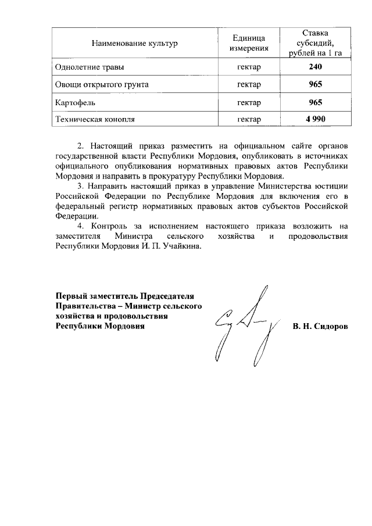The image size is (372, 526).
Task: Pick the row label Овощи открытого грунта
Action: tap(101, 85)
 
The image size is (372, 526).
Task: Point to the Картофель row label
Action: tap(75, 102)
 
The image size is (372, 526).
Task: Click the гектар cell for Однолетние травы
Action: tap(249, 67)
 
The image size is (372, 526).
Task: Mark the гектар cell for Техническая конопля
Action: tap(249, 119)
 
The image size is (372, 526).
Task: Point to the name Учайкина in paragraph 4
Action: tap(185, 246)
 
